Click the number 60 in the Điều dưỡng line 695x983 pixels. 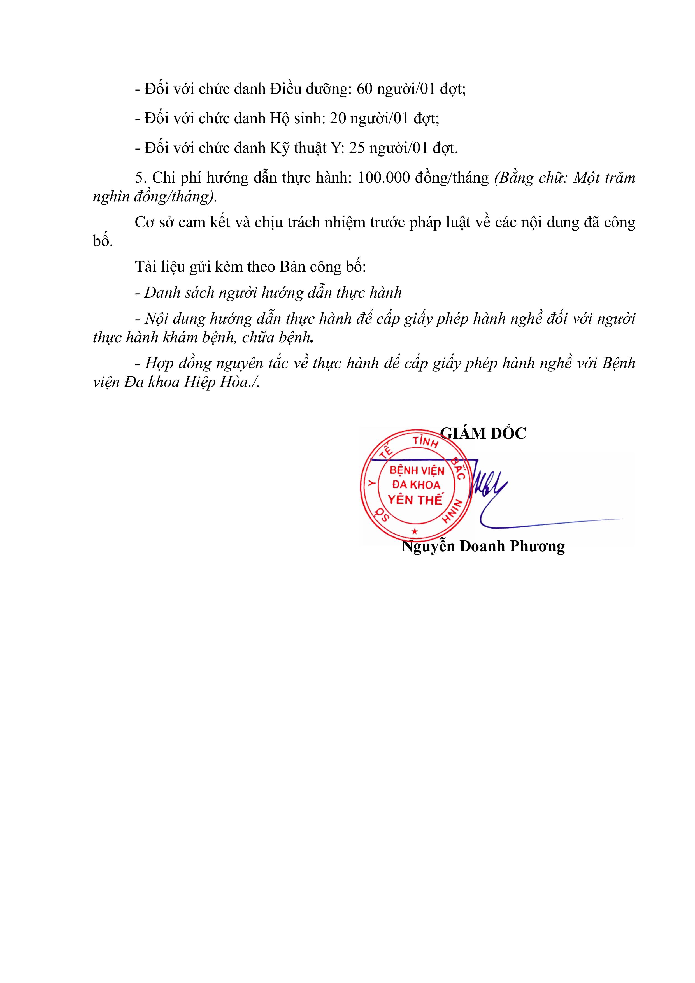click(x=365, y=89)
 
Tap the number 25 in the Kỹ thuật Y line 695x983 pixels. click(x=357, y=148)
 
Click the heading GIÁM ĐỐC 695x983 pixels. click(x=483, y=434)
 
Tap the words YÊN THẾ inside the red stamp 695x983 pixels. click(x=415, y=500)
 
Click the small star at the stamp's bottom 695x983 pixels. click(x=414, y=531)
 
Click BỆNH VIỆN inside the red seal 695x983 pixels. click(x=417, y=471)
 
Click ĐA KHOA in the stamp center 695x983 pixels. click(x=416, y=485)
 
